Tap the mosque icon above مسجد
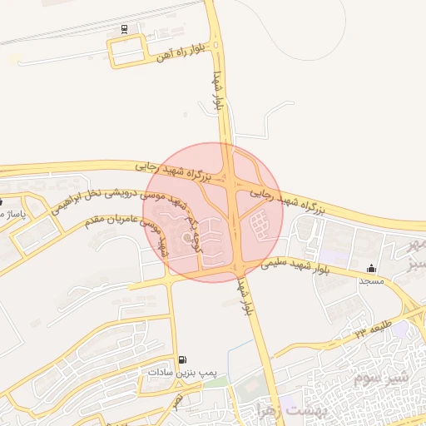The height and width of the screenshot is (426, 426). [370, 269]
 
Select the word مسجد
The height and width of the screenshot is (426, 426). [370, 282]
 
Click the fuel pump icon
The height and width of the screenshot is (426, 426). [182, 359]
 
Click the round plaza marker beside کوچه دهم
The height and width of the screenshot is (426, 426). [164, 245]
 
